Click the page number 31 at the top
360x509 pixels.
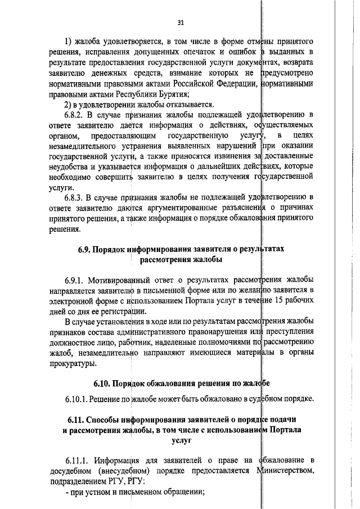click(x=180, y=23)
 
